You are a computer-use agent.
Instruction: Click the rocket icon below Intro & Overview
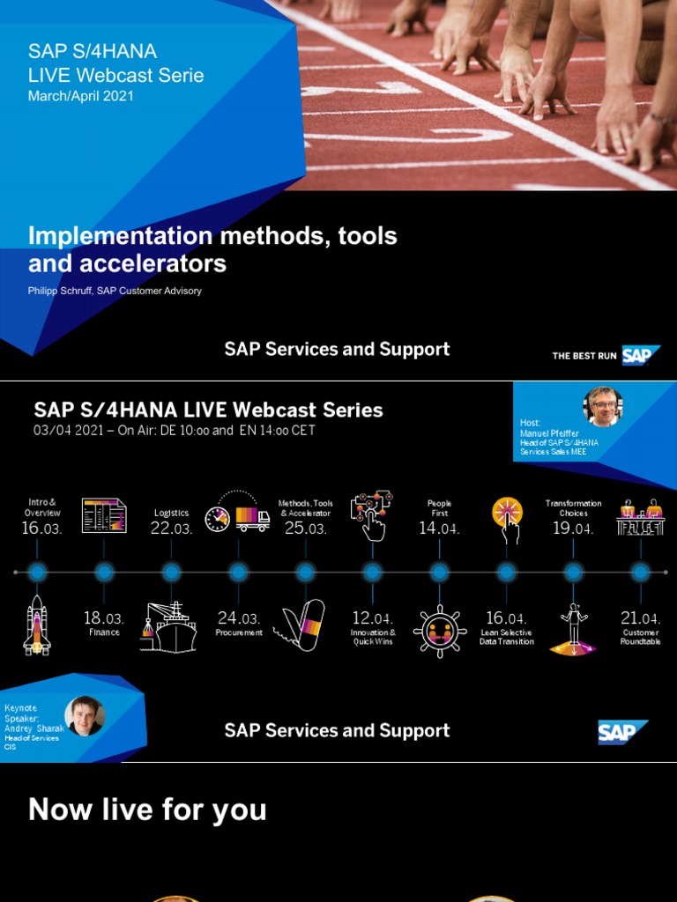[x=37, y=625]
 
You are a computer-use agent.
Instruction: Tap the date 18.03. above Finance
[x=104, y=618]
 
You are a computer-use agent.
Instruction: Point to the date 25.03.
[x=305, y=529]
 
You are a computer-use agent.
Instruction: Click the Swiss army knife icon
[x=301, y=625]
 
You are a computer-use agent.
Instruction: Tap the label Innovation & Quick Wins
[x=373, y=637]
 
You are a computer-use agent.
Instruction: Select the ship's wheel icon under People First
[x=440, y=629]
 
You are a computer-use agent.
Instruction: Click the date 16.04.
[x=506, y=618]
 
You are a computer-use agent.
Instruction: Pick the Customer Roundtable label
[x=641, y=637]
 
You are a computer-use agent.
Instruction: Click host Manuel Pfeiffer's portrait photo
[x=603, y=407]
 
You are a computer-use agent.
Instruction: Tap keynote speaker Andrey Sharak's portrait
[x=85, y=715]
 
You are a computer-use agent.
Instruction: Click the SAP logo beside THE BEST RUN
[x=641, y=355]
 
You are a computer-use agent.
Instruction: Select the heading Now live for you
[x=147, y=810]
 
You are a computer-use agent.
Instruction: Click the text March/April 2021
[x=81, y=96]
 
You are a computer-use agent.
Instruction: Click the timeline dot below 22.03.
[x=171, y=572]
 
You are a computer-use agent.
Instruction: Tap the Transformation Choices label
[x=573, y=508]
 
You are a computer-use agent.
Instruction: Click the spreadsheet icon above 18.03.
[x=104, y=515]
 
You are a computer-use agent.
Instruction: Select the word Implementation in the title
[x=120, y=236]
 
